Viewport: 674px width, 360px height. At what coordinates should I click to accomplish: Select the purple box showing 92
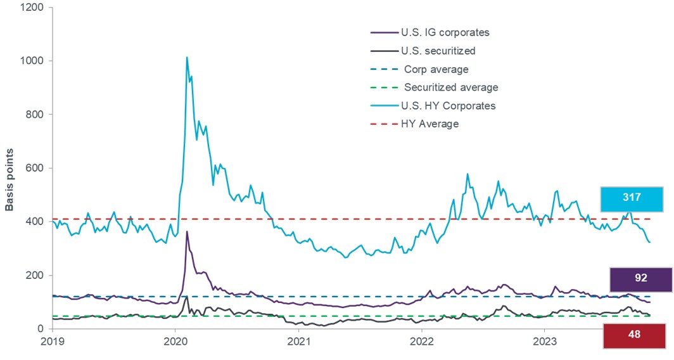point(640,280)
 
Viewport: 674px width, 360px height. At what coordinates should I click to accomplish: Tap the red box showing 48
point(635,335)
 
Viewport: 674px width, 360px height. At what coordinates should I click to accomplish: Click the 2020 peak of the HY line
point(187,58)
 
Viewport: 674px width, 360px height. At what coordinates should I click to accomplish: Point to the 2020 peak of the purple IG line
point(187,231)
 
